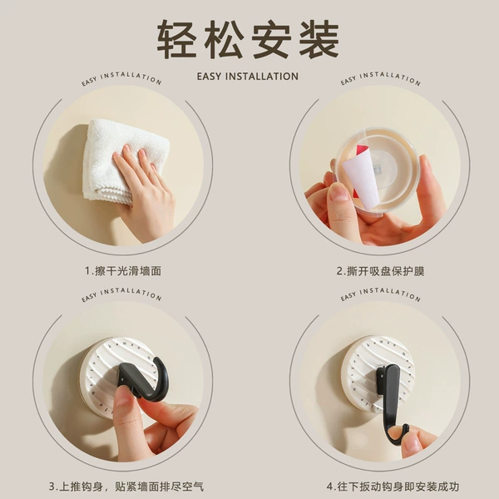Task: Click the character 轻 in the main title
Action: click(176, 39)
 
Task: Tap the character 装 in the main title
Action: click(319, 39)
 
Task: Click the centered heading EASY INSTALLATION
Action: click(248, 77)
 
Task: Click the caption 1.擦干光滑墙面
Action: click(123, 271)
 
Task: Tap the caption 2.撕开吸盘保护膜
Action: click(381, 271)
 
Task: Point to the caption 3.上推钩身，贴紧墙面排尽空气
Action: click(126, 487)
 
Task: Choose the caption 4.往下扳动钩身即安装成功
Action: click(393, 487)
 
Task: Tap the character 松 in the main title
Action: click(224, 39)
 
